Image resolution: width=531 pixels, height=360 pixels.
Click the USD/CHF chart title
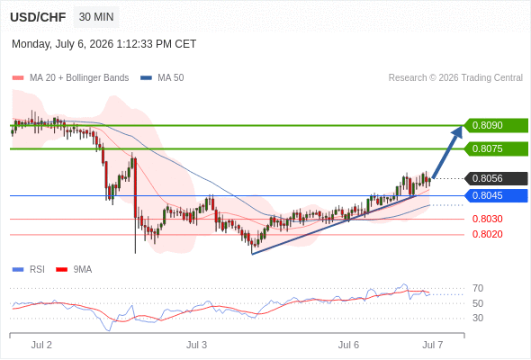(38, 17)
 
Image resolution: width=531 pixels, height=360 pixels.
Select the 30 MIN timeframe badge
(96, 17)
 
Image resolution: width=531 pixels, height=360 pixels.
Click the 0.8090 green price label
(496, 125)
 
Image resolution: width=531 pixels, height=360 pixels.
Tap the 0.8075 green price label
(496, 148)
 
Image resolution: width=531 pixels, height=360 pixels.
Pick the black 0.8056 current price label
(496, 178)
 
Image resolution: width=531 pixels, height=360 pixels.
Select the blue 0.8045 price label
(496, 195)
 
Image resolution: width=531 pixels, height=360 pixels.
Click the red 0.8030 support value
(487, 219)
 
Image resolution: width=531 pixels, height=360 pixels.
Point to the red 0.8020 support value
(487, 234)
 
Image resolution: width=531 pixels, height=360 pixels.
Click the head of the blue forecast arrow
(462, 127)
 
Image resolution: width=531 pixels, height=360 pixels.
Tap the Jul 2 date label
(41, 345)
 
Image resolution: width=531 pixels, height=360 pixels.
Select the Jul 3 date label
(196, 345)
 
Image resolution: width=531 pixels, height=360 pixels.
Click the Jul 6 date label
(348, 345)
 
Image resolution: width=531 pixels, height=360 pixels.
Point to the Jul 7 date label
(433, 345)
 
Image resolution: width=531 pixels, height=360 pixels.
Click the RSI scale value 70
(478, 289)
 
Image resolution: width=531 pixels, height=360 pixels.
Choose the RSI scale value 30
(478, 318)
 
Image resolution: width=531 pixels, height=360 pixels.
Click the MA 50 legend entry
(162, 78)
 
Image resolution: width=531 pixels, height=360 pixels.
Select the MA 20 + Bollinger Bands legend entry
(70, 78)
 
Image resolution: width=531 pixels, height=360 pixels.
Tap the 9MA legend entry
(74, 270)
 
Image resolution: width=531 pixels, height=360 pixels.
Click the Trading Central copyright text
(455, 78)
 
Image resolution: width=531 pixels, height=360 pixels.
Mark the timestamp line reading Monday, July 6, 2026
(104, 44)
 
